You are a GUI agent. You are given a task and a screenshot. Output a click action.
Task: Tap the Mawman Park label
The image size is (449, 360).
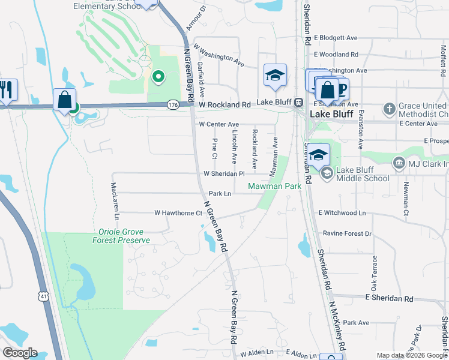click(x=276, y=187)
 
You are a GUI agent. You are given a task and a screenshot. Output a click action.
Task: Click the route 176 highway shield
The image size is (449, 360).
click(x=173, y=105)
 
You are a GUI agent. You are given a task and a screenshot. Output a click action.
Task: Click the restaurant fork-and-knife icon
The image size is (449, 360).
click(x=7, y=90)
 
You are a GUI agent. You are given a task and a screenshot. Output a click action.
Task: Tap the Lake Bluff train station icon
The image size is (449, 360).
click(x=298, y=103)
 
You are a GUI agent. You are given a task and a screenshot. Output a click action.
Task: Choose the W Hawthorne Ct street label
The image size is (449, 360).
click(x=178, y=213)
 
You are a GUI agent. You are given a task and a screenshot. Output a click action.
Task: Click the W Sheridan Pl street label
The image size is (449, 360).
click(x=224, y=173)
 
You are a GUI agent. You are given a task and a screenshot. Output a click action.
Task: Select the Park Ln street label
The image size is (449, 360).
click(x=220, y=194)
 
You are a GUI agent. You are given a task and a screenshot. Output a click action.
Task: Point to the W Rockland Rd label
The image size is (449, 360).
click(x=224, y=104)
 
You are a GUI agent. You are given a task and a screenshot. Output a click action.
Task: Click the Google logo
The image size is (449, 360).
click(x=19, y=353)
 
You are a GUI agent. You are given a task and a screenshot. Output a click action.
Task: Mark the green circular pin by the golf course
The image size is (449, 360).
click(x=158, y=76)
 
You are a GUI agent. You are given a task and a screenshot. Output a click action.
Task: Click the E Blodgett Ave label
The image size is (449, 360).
click(x=339, y=37)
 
